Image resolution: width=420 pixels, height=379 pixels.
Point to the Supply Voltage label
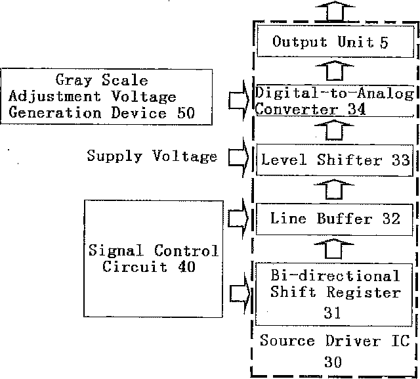152,156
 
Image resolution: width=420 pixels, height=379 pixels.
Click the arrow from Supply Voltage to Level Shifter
239,158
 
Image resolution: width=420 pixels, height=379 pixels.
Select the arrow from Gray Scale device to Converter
239,100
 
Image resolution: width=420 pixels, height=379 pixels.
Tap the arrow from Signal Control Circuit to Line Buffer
239,219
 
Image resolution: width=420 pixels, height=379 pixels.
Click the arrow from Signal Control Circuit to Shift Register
240,293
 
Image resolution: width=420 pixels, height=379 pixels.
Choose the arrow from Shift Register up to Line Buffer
333,249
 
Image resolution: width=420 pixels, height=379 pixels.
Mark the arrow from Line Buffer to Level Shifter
334,189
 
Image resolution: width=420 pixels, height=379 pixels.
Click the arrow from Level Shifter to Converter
334,130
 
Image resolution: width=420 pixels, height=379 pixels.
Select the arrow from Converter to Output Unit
335,70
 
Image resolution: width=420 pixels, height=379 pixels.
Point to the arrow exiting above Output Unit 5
335,11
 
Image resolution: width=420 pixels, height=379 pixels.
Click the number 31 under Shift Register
332,313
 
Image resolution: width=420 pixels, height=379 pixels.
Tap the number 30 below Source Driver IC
333,361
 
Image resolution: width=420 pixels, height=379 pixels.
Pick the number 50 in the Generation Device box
186,112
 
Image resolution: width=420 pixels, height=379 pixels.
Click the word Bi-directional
335,275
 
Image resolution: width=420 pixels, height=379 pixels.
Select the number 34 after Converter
356,109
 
